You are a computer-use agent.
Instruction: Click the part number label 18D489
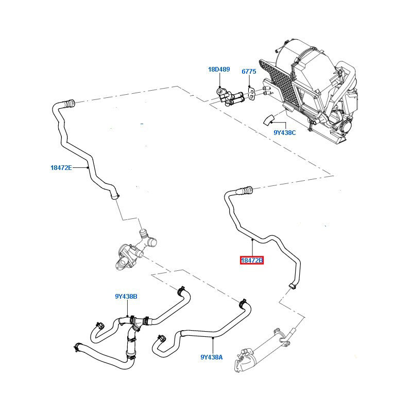tap(219, 69)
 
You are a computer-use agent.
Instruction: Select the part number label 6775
tap(249, 72)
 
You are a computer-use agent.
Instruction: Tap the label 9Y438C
tap(285, 132)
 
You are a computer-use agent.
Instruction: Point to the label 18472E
tap(61, 167)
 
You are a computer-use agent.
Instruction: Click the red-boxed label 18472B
tap(252, 261)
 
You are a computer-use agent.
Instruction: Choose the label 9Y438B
tap(126, 296)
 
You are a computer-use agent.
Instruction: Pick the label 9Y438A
tap(212, 356)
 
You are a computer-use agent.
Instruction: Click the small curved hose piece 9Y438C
tap(268, 120)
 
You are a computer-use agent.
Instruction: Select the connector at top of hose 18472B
tap(244, 191)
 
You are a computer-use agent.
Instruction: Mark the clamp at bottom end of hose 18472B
tap(292, 285)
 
